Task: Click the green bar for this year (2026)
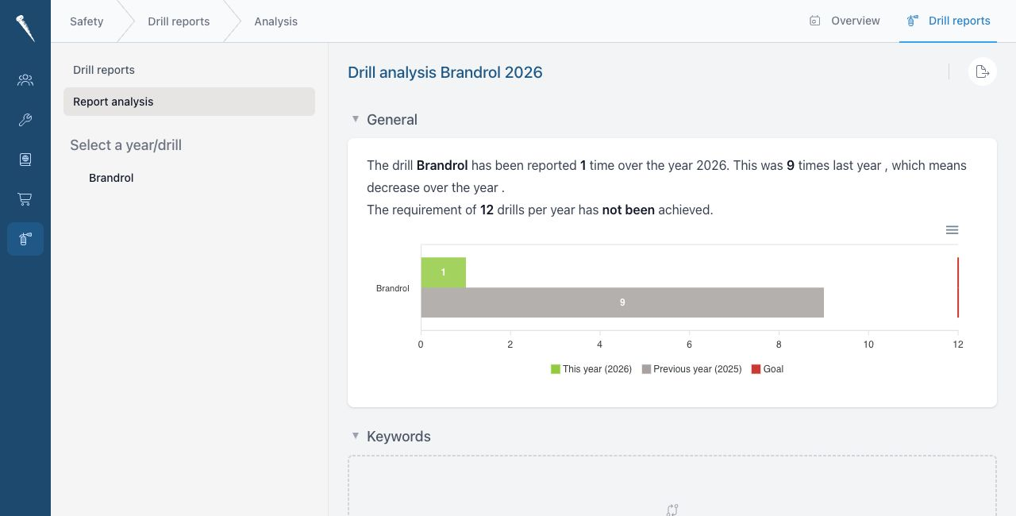pyautogui.click(x=443, y=272)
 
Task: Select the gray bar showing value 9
pyautogui.click(x=622, y=302)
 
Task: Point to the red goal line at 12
pyautogui.click(x=957, y=287)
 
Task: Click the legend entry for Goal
pyautogui.click(x=768, y=369)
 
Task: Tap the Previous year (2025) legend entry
pyautogui.click(x=691, y=369)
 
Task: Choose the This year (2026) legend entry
pyautogui.click(x=591, y=369)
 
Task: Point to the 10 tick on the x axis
pyautogui.click(x=868, y=345)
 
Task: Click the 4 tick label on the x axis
pyautogui.click(x=599, y=345)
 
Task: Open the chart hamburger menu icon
pyautogui.click(x=952, y=230)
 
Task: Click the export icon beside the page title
pyautogui.click(x=982, y=71)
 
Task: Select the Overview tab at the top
pyautogui.click(x=845, y=21)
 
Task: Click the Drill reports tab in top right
pyautogui.click(x=948, y=21)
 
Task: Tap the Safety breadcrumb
pyautogui.click(x=87, y=21)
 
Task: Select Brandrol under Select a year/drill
pyautogui.click(x=111, y=178)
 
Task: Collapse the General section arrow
pyautogui.click(x=356, y=119)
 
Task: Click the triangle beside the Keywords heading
pyautogui.click(x=356, y=436)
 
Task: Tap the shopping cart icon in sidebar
pyautogui.click(x=25, y=199)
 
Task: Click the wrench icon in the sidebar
pyautogui.click(x=25, y=120)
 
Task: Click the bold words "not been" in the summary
pyautogui.click(x=628, y=210)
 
